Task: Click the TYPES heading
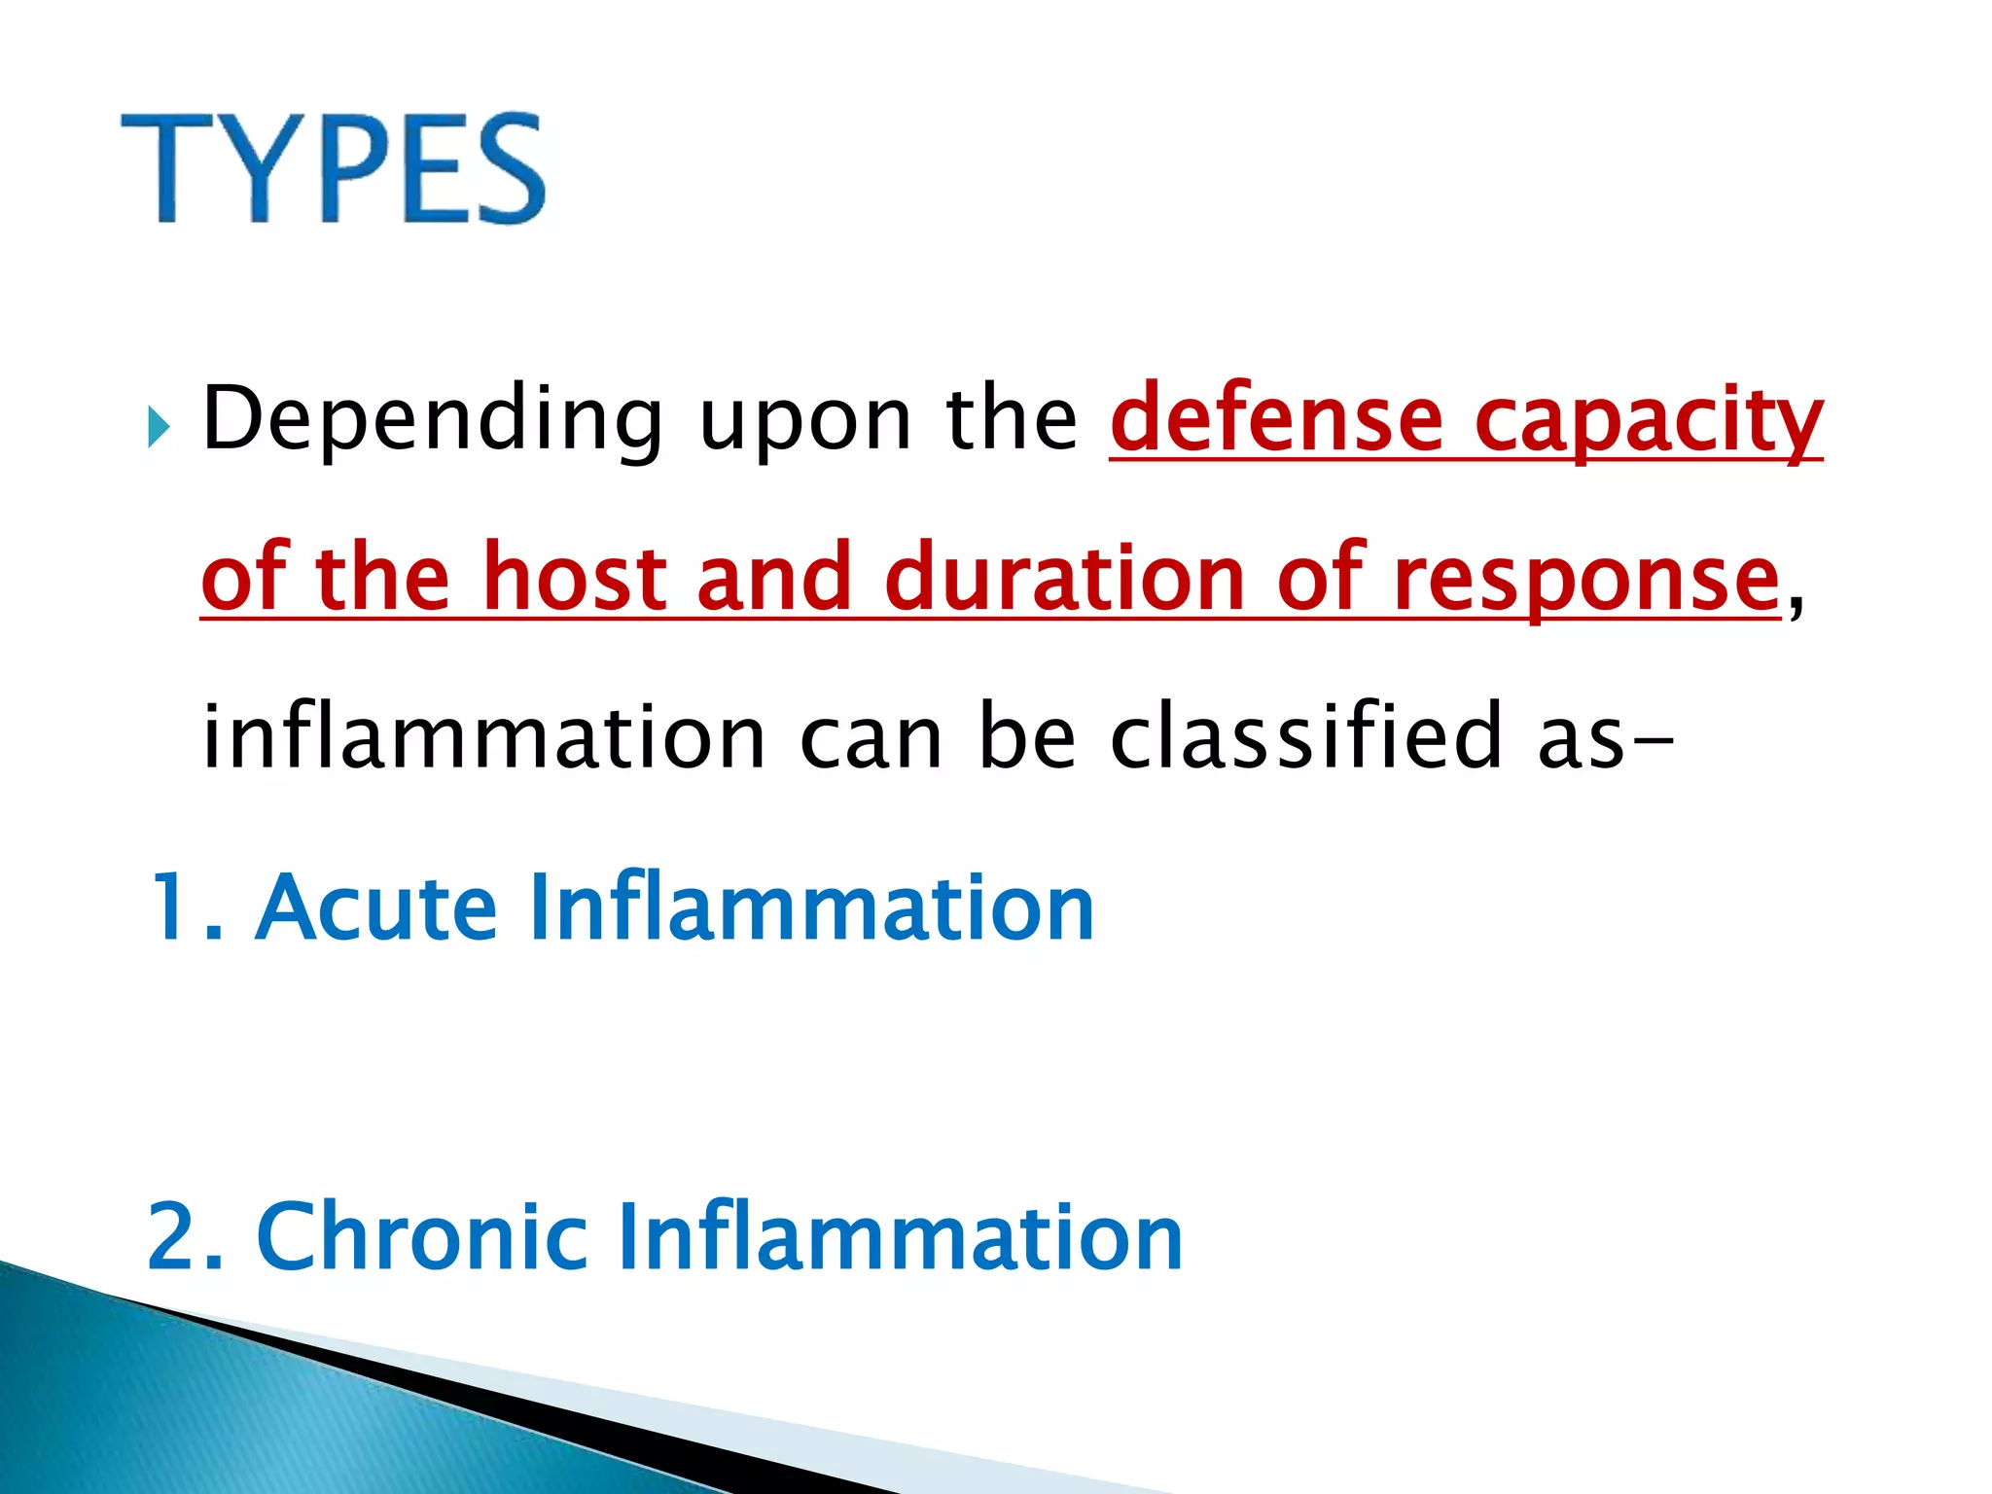pos(333,168)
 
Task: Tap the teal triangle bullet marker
pos(159,428)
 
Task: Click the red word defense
pos(1276,420)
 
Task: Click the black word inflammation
pos(483,736)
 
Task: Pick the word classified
pos(1305,736)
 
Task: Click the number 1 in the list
pos(175,907)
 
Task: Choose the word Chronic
pos(421,1237)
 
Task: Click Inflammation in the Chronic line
pos(900,1237)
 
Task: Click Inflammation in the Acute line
pos(812,907)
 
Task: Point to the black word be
pos(1026,736)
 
